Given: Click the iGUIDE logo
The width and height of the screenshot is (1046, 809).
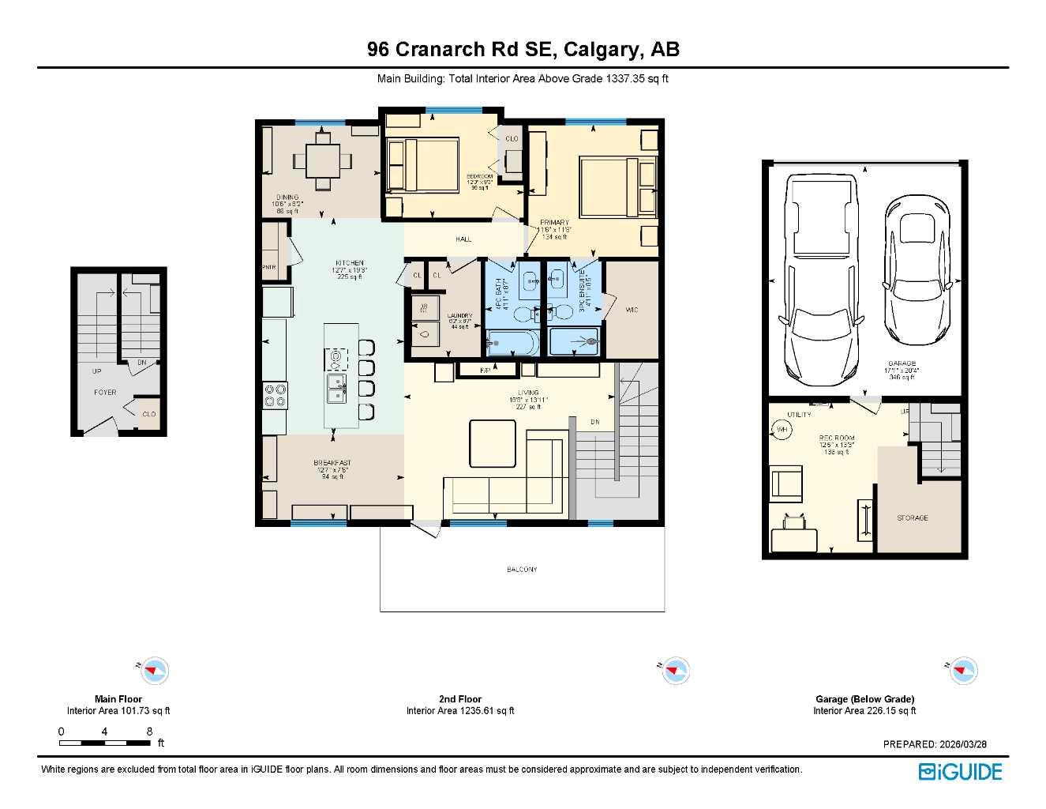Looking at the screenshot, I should point(960,772).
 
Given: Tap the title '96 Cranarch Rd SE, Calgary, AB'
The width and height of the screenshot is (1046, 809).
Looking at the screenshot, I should point(523,49).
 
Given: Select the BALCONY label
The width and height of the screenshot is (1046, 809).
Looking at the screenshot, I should point(522,570).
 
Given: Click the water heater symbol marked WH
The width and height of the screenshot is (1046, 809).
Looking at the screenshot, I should point(782,430).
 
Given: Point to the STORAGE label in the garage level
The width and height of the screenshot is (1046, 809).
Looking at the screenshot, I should point(912,518).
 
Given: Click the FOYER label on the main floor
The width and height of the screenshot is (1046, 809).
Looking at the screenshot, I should point(105,393).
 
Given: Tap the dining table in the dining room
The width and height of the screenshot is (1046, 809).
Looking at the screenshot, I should point(322,161).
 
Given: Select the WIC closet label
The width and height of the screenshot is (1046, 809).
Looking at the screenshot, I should point(632,310).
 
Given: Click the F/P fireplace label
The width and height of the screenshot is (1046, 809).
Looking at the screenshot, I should point(486,370).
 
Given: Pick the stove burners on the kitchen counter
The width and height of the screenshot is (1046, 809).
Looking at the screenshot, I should point(276,395).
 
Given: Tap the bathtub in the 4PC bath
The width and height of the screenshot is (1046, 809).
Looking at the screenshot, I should point(512,344).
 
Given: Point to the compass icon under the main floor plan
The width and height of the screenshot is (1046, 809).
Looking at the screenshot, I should point(154,671).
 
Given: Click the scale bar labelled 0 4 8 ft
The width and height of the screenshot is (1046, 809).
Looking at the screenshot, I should point(105,743).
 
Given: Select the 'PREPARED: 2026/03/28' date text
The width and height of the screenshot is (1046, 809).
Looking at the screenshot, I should point(935,744).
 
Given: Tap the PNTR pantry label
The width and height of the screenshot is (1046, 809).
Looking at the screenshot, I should point(269,267).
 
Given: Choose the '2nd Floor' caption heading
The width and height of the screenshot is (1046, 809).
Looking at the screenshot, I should point(460,699).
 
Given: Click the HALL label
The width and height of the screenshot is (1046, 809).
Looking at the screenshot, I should point(463,239).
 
